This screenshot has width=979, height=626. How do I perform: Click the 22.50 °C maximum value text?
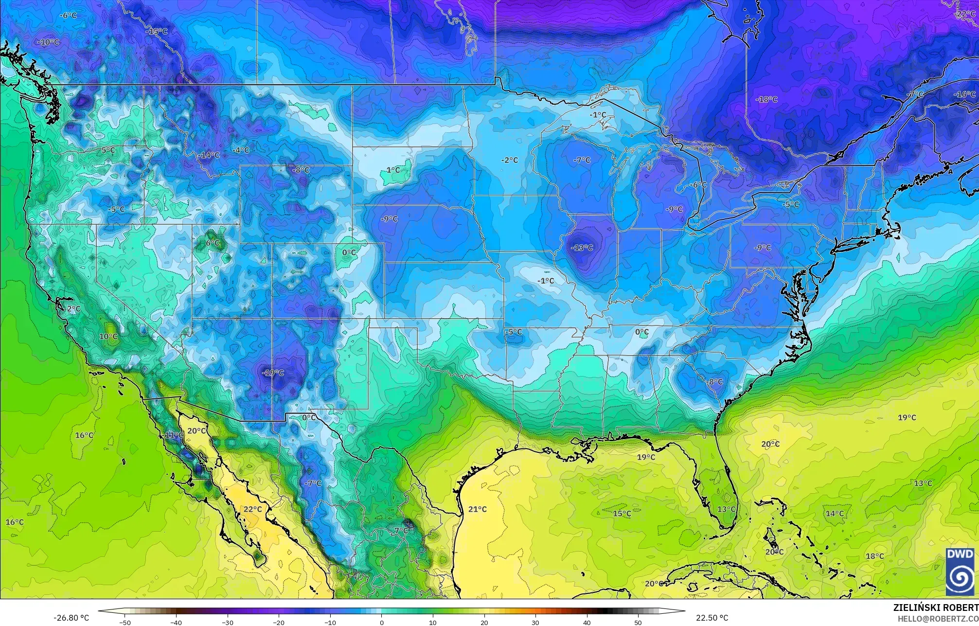712,618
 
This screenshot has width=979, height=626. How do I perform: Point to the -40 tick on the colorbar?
176,622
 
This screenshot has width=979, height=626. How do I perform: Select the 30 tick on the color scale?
535,622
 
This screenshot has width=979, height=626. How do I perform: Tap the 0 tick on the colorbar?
381,622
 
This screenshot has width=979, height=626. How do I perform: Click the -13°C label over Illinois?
582,248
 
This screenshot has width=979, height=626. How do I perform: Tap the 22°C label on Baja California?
252,509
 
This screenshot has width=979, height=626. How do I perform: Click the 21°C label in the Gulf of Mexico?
477,509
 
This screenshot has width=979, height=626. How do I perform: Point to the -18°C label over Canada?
766,99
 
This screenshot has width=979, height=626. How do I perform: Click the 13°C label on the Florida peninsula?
727,509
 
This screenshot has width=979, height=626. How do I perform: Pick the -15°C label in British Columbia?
157,31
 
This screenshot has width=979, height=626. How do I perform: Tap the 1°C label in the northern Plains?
393,170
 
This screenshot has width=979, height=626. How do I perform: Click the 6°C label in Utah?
213,243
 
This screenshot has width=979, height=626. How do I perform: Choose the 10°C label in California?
108,337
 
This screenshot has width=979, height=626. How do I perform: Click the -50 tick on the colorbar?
125,622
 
